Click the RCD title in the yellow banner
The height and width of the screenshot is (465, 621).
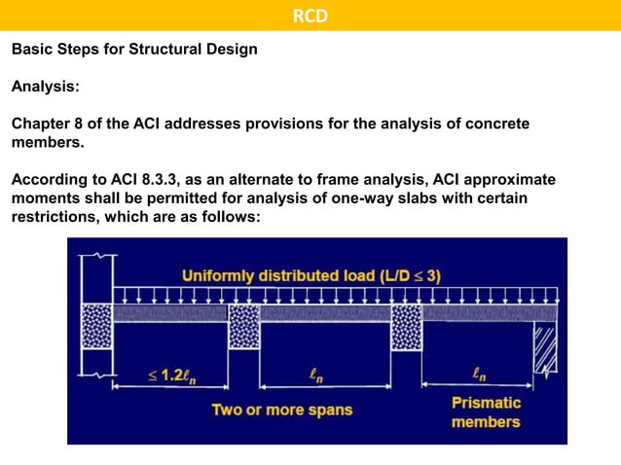[x=310, y=16]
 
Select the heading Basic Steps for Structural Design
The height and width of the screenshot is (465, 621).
[x=134, y=50]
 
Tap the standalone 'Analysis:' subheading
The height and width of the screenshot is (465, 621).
[x=46, y=87]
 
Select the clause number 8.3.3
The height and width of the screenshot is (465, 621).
[x=175, y=181]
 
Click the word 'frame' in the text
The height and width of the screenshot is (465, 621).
[x=372, y=181]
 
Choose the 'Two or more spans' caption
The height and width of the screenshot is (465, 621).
[x=282, y=410]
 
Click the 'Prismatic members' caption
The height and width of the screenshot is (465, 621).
[x=486, y=411]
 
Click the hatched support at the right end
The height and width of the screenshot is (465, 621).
[x=543, y=346]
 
